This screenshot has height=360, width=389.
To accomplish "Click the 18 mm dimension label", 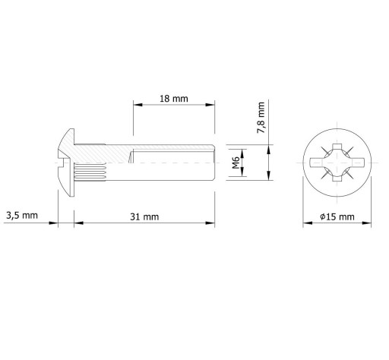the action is pyautogui.click(x=174, y=99).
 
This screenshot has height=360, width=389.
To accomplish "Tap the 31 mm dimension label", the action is pyautogui.click(x=144, y=216).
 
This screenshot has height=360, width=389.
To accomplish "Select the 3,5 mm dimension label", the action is pyautogui.click(x=22, y=216).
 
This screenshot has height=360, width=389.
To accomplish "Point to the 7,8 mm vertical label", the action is pyautogui.click(x=261, y=118).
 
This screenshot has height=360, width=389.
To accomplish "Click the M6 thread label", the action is pyautogui.click(x=236, y=163).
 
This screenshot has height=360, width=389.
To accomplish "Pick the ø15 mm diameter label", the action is pyautogui.click(x=337, y=216).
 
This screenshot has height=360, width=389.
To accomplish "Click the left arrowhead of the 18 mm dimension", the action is pyautogui.click(x=138, y=105).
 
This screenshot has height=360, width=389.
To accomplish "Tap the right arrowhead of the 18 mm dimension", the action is pyautogui.click(x=210, y=105).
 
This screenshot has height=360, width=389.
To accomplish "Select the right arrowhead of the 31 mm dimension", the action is pyautogui.click(x=210, y=223).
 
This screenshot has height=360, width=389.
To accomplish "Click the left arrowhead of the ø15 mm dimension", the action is pyautogui.click(x=308, y=223).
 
